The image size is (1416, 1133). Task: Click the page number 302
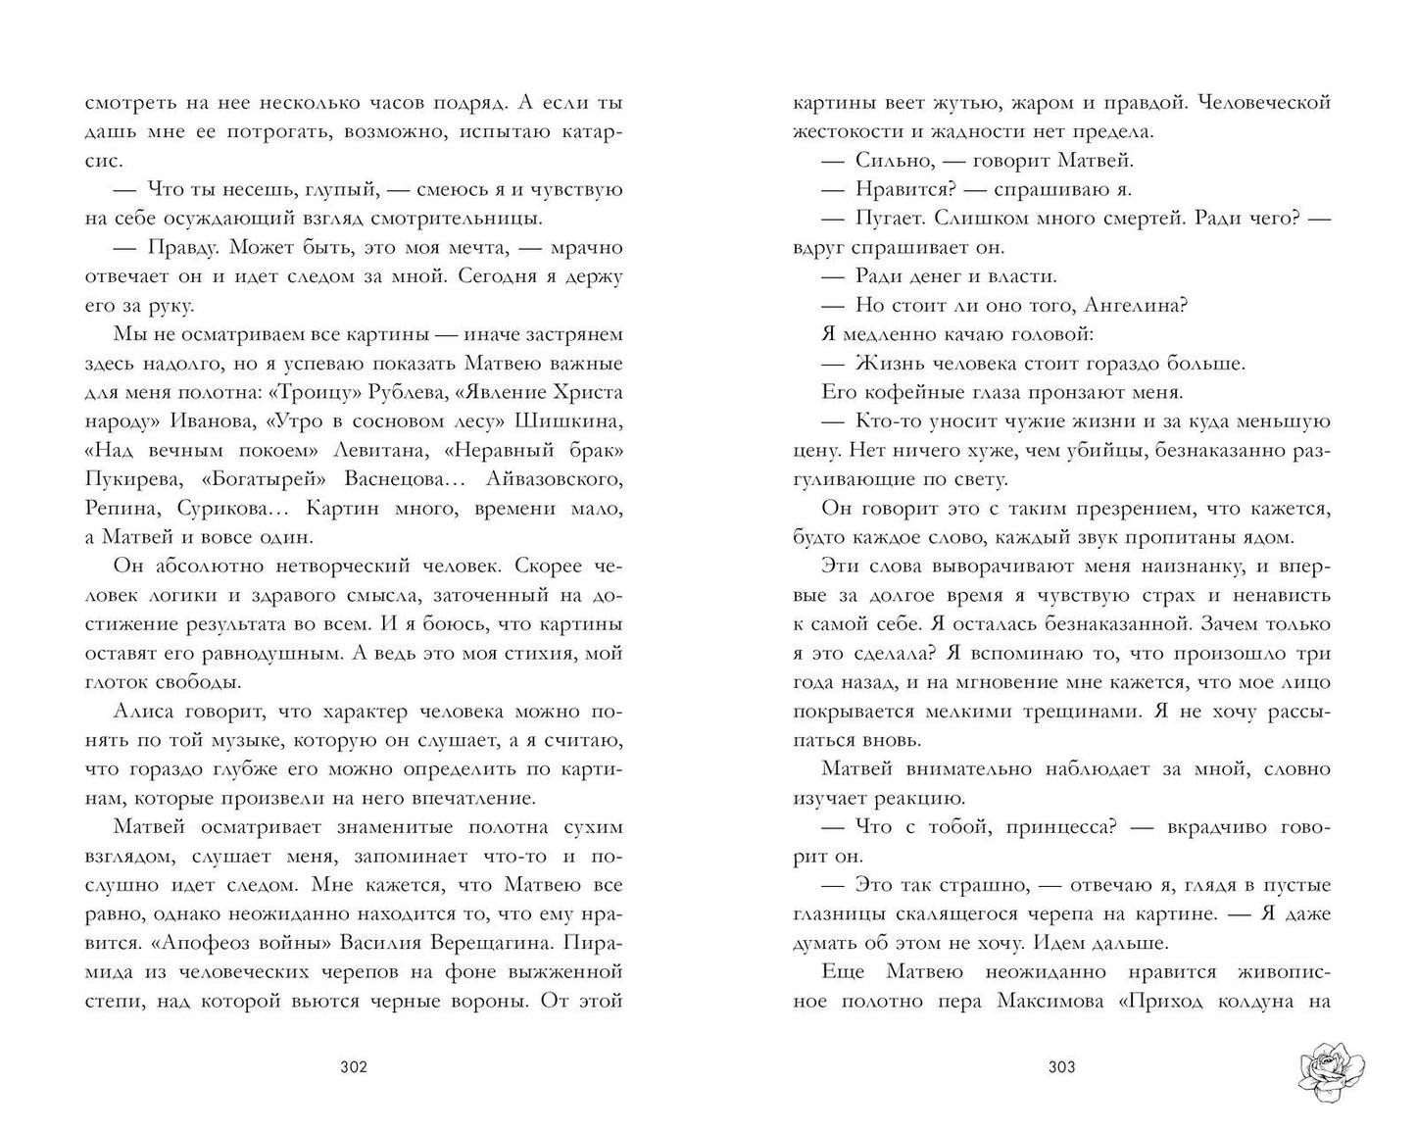click(x=353, y=1066)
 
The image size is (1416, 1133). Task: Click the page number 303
click(x=1060, y=1066)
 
